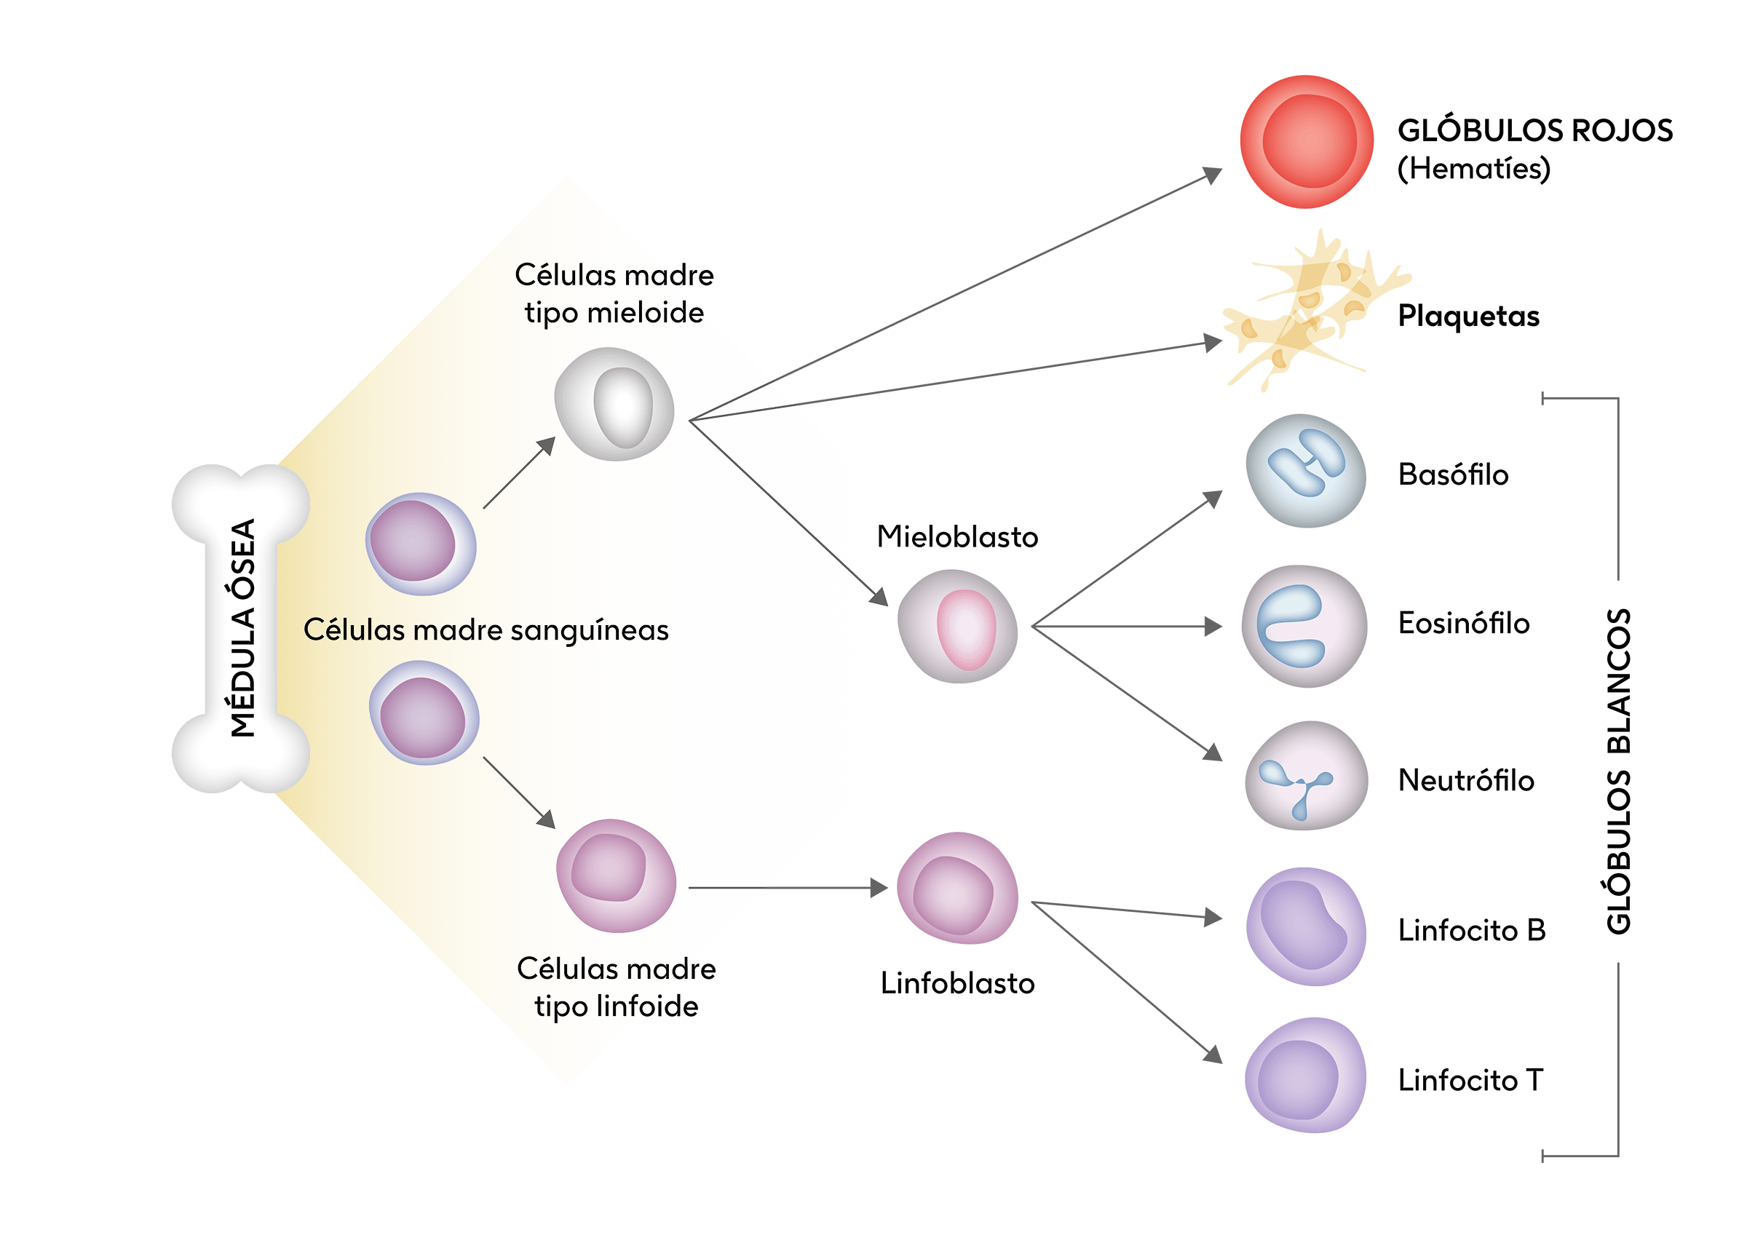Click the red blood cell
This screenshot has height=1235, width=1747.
tap(1306, 141)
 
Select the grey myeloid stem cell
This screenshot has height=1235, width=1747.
tap(615, 404)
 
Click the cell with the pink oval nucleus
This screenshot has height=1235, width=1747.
tap(957, 627)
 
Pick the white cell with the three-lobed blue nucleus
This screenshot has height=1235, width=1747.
tap(1306, 775)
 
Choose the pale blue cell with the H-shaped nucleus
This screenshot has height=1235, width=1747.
tap(1306, 470)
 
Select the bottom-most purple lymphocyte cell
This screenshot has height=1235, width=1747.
tap(1305, 1074)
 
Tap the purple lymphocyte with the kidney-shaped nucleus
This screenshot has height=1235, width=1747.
tap(1306, 926)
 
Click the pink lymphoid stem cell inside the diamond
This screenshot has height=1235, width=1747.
tap(617, 875)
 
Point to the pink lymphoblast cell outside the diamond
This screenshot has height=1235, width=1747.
tap(956, 888)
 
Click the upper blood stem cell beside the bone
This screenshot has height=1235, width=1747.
tap(421, 544)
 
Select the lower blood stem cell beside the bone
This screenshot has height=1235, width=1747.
tap(424, 712)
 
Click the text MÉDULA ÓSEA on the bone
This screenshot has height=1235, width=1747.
tap(242, 628)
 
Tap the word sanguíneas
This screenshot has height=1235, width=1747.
tap(589, 630)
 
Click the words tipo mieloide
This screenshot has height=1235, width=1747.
tap(614, 313)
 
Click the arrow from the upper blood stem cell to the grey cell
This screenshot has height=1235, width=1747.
tap(519, 473)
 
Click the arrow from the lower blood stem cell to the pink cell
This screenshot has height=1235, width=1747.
tap(519, 792)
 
